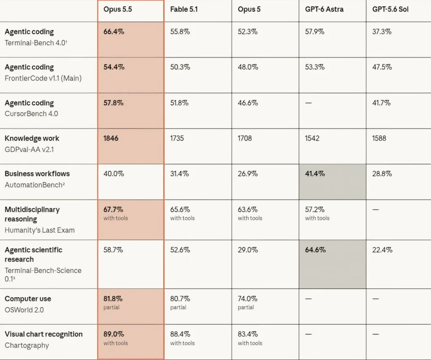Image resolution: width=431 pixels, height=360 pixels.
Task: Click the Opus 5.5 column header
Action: (118, 9)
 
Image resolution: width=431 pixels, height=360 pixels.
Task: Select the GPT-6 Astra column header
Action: (324, 9)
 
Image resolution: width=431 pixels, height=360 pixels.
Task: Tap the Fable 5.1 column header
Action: (184, 9)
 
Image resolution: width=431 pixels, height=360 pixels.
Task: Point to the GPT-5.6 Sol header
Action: (390, 9)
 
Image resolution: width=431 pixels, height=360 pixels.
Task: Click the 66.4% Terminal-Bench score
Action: (114, 32)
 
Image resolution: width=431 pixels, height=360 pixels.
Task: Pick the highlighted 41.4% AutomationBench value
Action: (315, 174)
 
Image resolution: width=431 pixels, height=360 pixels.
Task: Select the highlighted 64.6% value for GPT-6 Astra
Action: (315, 250)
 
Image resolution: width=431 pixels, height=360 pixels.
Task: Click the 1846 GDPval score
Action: (111, 138)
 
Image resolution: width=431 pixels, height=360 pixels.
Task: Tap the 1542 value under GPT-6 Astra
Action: (312, 138)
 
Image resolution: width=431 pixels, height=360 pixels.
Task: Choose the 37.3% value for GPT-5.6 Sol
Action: (382, 32)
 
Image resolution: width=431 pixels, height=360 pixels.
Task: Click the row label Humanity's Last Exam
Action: (40, 230)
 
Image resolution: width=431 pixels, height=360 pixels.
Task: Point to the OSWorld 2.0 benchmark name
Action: (24, 310)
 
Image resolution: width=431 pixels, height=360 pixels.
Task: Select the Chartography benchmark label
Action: (27, 345)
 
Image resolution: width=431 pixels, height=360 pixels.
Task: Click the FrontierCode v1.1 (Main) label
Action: (43, 78)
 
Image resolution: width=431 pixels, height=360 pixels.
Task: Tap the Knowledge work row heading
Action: (32, 139)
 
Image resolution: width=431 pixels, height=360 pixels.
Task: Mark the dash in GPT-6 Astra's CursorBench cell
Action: (309, 103)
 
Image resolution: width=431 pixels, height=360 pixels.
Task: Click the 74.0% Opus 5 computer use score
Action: (247, 299)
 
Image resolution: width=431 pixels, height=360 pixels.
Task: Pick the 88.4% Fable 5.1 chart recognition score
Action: (180, 334)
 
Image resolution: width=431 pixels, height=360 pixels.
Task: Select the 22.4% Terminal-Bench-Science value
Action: (382, 250)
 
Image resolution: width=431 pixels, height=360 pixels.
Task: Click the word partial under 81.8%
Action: (111, 307)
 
